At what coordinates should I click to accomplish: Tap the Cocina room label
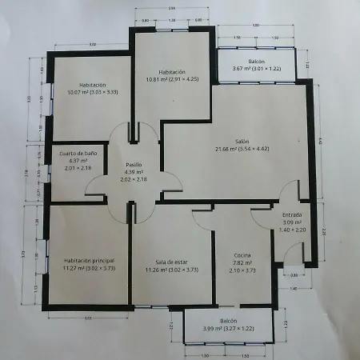pyautogui.click(x=243, y=254)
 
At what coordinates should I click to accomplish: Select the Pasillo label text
pyautogui.click(x=134, y=164)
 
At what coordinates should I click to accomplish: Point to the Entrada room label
pyautogui.click(x=293, y=215)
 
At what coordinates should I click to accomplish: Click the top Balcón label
pyautogui.click(x=255, y=61)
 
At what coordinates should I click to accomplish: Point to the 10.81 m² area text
pyautogui.click(x=157, y=79)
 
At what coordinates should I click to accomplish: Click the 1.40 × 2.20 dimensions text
pyautogui.click(x=293, y=230)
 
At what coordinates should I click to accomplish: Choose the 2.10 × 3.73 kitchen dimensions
pyautogui.click(x=243, y=270)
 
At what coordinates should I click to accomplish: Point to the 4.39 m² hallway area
pyautogui.click(x=134, y=172)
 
